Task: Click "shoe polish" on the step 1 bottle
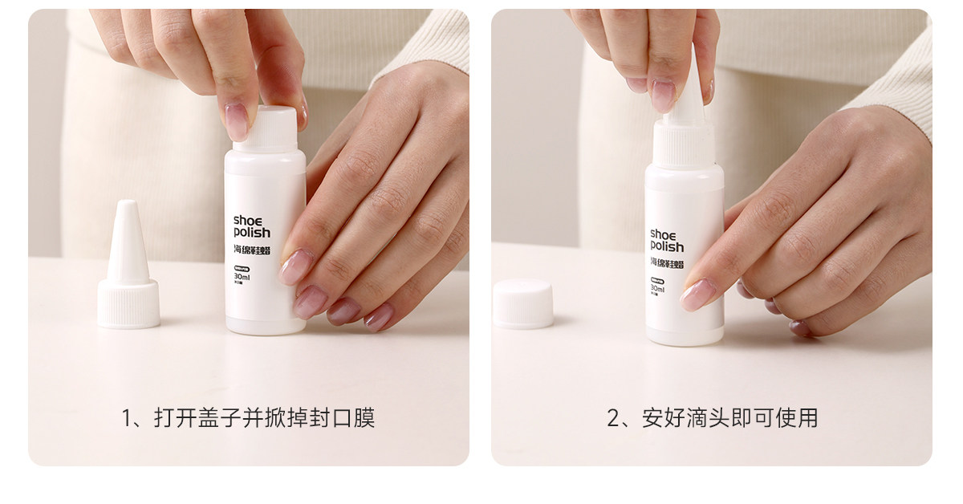(x=251, y=226)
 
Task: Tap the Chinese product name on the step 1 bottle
(x=251, y=251)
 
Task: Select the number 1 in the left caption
(x=127, y=418)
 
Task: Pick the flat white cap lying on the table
(x=523, y=303)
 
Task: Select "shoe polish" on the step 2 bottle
(x=667, y=240)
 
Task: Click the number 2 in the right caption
(x=613, y=418)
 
